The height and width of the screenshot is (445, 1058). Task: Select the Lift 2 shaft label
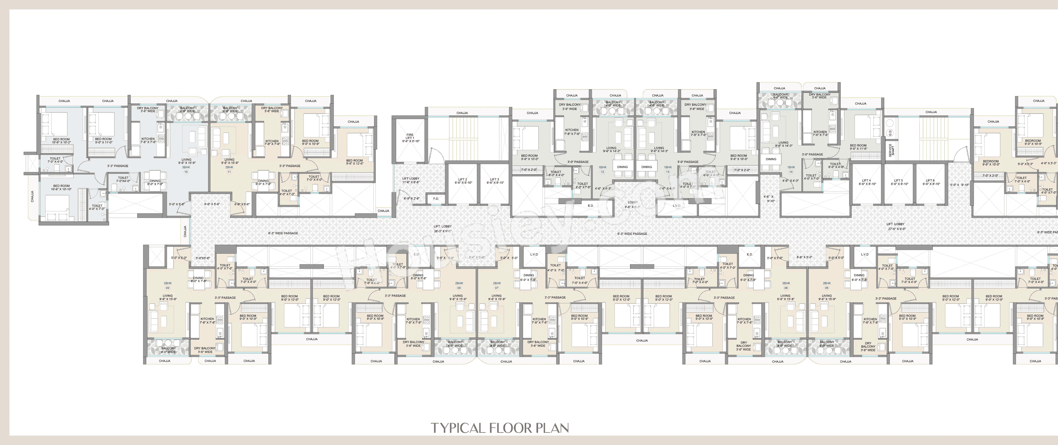coord(463,181)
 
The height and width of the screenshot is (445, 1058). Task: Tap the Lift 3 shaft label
coord(495,181)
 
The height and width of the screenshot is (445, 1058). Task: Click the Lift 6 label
coord(930,182)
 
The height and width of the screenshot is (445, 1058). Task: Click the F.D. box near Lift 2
coord(436,199)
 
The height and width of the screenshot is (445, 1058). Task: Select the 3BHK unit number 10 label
coord(186,169)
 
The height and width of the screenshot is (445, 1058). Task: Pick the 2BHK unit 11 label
coord(229,169)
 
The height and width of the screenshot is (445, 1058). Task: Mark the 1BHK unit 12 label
coord(603,169)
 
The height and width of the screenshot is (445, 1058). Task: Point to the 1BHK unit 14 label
coord(791,169)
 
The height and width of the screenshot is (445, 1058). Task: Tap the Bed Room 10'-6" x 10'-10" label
coord(62,187)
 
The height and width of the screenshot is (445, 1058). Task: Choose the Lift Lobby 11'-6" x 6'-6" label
coord(411,180)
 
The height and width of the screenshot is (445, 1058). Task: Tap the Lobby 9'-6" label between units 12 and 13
coord(633,204)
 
